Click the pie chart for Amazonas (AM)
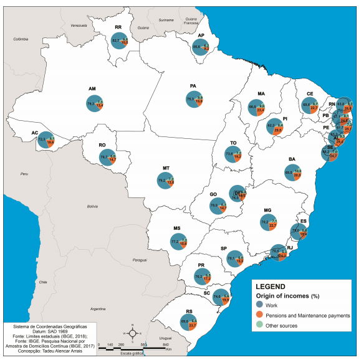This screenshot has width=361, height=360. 95,103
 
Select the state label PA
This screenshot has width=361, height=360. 193,85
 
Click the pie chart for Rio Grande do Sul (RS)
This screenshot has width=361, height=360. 188,323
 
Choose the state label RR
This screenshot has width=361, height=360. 118,27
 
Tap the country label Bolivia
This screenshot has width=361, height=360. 93,206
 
